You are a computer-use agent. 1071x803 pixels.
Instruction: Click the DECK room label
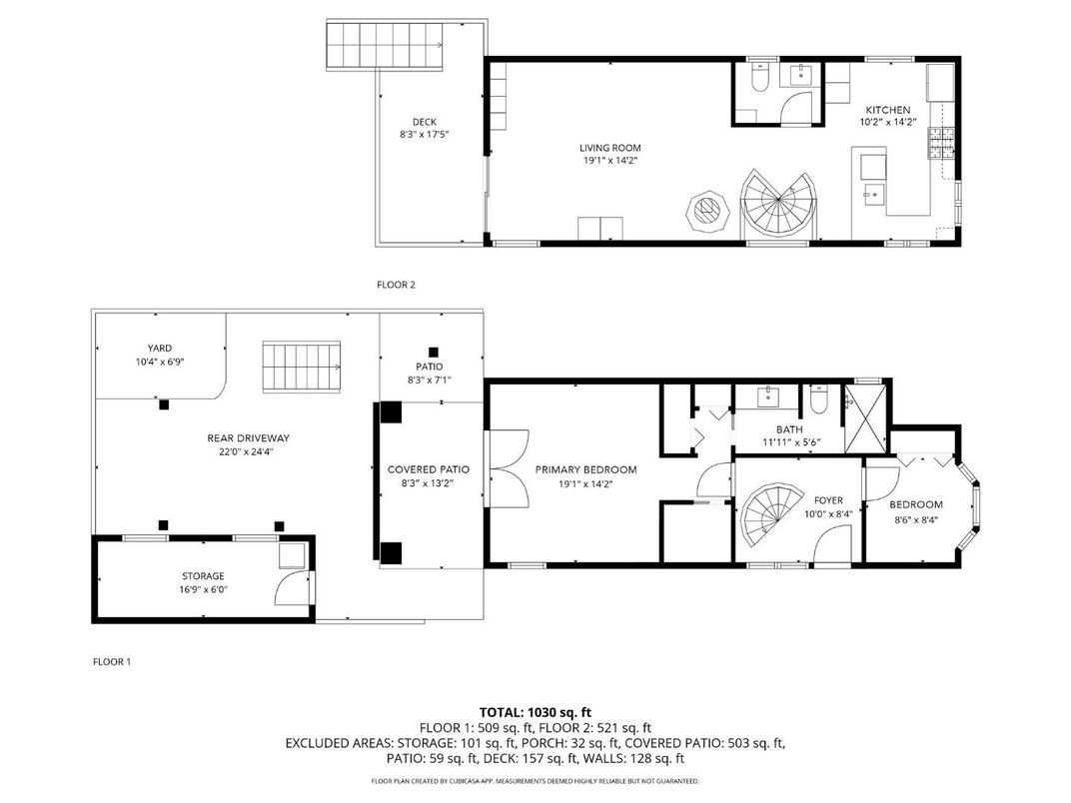pyautogui.click(x=425, y=122)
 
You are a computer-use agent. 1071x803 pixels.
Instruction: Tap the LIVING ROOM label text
pyautogui.click(x=610, y=148)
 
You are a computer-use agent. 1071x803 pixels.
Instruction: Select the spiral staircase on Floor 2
pyautogui.click(x=778, y=204)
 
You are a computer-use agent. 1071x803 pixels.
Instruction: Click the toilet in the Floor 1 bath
pyautogui.click(x=817, y=400)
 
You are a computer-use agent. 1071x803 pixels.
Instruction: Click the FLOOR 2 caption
pyautogui.click(x=396, y=285)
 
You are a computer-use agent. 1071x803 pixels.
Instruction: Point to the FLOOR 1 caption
pyautogui.click(x=111, y=661)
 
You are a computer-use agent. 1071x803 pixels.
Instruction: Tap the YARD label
pyautogui.click(x=160, y=349)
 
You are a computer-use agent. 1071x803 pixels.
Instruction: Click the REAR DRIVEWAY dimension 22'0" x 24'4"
pyautogui.click(x=249, y=451)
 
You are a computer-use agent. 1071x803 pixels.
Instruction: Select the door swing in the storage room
pyautogui.click(x=292, y=588)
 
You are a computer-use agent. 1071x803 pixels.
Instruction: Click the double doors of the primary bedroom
pyautogui.click(x=507, y=468)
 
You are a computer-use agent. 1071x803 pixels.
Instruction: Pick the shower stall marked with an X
pyautogui.click(x=865, y=419)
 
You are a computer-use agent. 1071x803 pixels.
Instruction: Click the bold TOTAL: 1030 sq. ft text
pyautogui.click(x=535, y=713)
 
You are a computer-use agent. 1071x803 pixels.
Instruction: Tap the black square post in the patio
pyautogui.click(x=433, y=353)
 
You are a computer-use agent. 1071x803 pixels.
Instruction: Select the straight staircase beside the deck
pyautogui.click(x=386, y=45)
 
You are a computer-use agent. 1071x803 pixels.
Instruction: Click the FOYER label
pyautogui.click(x=828, y=500)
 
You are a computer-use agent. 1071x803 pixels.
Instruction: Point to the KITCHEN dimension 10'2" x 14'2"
pyautogui.click(x=888, y=122)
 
